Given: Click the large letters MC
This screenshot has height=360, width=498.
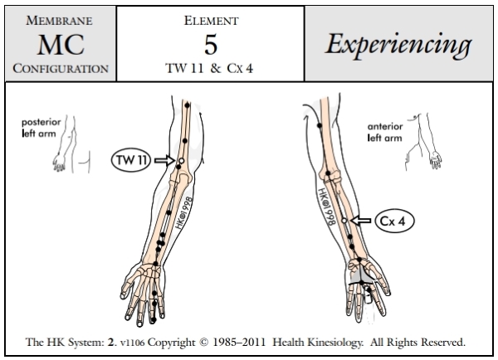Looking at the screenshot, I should [x=59, y=44].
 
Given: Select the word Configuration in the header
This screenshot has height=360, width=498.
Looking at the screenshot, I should [x=59, y=69].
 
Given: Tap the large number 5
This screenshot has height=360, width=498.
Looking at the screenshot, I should [x=210, y=43].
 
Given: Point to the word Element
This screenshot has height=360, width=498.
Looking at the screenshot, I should [x=210, y=18].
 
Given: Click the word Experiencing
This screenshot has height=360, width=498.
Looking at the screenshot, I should [x=398, y=43].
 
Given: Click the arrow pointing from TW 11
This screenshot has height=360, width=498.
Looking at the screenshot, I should [x=166, y=160].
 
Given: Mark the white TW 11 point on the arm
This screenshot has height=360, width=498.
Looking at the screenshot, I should [x=180, y=160].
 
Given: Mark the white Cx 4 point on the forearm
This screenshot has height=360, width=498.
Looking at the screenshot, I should [x=344, y=221].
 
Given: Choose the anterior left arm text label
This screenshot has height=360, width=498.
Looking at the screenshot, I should [x=388, y=132].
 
